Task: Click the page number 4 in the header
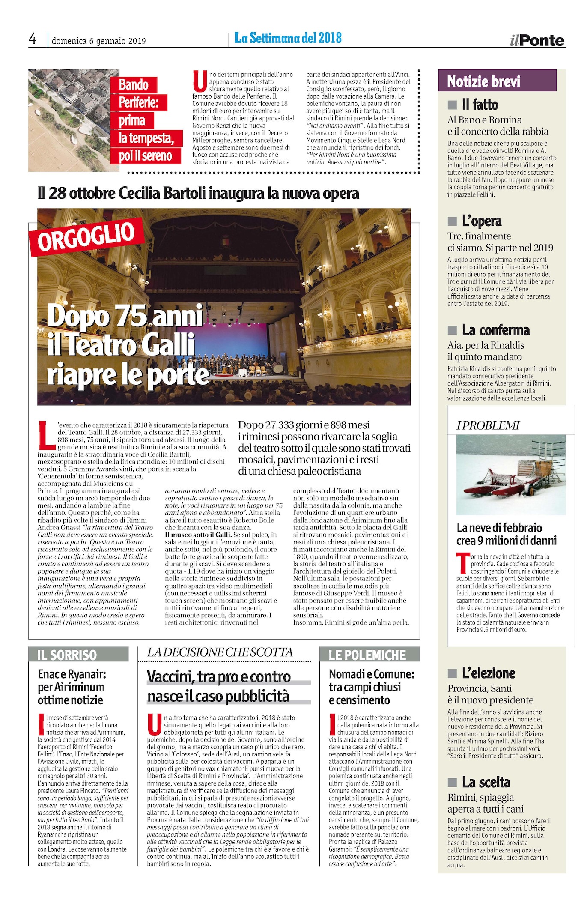coord(33,39)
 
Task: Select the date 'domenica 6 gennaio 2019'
coord(98,41)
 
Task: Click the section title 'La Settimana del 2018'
coord(288,38)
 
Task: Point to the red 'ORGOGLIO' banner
coord(86,236)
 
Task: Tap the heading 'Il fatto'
coord(480,105)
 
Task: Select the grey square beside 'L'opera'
coord(452,221)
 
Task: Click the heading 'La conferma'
coord(495,330)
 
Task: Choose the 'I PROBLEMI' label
coord(488,425)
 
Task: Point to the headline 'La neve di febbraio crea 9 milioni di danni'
coord(507,534)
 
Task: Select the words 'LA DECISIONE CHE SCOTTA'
coord(220,652)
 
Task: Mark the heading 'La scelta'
coord(486,782)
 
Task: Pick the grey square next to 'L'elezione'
coord(452,673)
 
